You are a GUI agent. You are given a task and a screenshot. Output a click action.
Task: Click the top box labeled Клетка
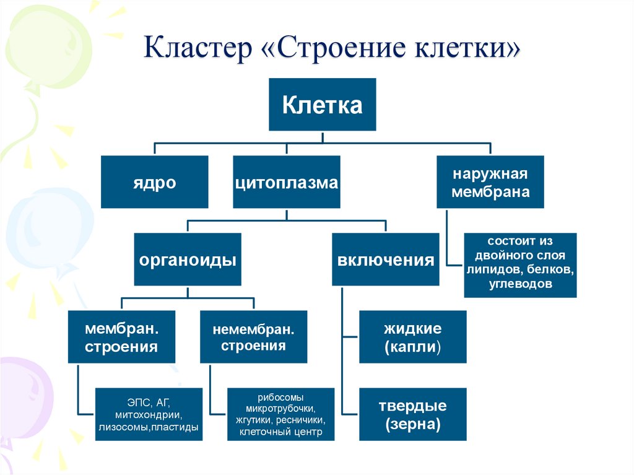click(x=322, y=104)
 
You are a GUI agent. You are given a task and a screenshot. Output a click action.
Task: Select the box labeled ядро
click(x=155, y=182)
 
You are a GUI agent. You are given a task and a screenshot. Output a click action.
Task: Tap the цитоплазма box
click(x=287, y=182)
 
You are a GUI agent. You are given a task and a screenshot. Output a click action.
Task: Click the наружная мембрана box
click(x=490, y=182)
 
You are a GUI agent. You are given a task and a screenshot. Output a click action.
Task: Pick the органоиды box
click(x=187, y=259)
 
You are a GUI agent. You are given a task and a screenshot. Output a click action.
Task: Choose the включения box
click(x=386, y=259)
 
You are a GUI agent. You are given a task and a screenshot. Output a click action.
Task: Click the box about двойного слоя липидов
click(x=520, y=265)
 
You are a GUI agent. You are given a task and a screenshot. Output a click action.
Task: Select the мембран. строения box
click(x=121, y=337)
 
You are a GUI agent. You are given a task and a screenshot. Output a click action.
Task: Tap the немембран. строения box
click(x=254, y=337)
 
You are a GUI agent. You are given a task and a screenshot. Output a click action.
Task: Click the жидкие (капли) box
click(x=413, y=337)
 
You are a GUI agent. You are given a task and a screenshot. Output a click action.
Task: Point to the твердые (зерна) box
click(x=413, y=414)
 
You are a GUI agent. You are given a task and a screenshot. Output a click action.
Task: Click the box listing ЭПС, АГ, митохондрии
click(x=149, y=414)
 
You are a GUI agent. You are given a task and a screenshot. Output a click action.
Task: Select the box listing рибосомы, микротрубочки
click(x=280, y=414)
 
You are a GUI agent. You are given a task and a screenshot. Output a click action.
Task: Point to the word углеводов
click(x=520, y=284)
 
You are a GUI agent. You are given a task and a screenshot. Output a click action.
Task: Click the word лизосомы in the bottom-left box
click(x=121, y=427)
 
